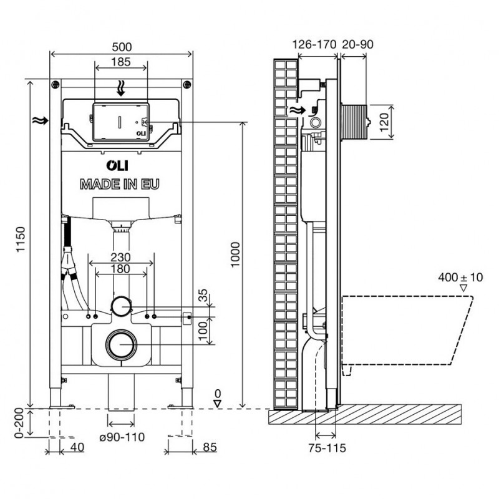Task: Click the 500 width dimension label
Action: click(122, 47)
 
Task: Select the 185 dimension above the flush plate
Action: click(121, 62)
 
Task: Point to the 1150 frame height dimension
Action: click(21, 240)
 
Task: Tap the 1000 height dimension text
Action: click(235, 254)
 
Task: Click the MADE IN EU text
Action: click(120, 185)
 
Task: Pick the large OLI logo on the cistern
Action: click(117, 165)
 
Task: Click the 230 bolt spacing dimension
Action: click(120, 257)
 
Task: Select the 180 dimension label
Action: click(120, 269)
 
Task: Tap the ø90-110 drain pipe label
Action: click(122, 437)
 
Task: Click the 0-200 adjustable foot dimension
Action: click(19, 423)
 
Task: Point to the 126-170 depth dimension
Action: click(314, 44)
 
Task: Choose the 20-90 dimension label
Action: click(357, 44)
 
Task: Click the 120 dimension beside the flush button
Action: click(384, 122)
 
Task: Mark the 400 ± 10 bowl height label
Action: click(460, 278)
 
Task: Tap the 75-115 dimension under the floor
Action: click(327, 448)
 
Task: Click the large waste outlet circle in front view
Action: click(122, 345)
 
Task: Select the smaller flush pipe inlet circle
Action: click(120, 306)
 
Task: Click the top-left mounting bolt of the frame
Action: click(56, 85)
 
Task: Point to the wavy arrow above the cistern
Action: click(120, 88)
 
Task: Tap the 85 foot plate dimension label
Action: click(210, 447)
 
